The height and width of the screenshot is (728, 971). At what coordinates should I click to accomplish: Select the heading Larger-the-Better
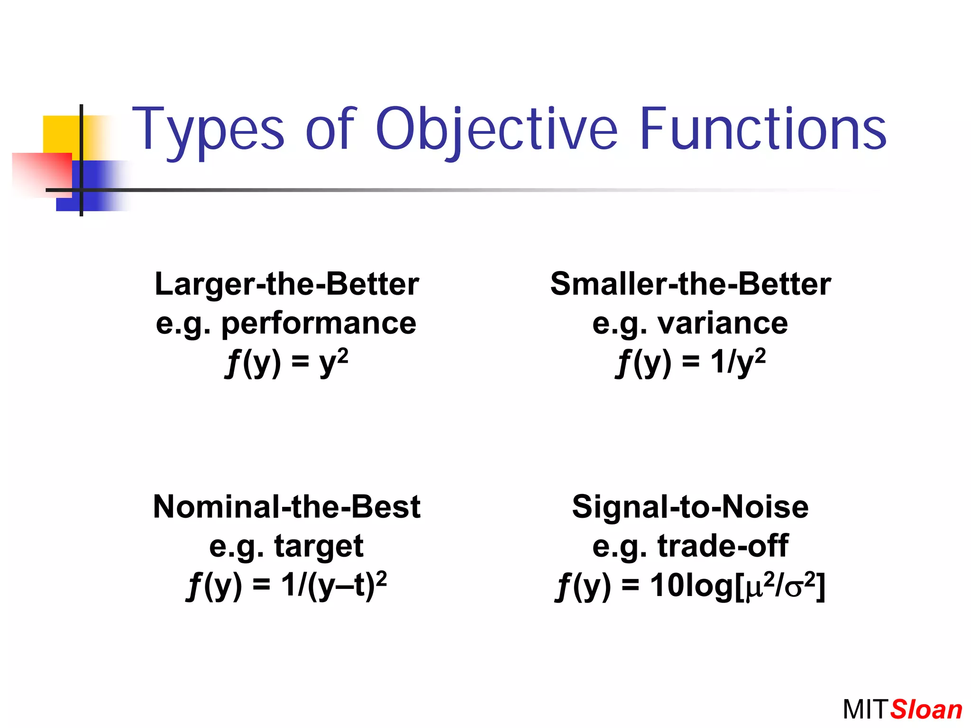coord(286,284)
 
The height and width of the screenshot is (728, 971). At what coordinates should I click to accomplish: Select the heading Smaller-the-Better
coord(690,284)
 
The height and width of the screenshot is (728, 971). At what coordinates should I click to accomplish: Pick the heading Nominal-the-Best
coord(286,507)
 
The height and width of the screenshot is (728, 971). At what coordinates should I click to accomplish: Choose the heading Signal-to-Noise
coord(690,507)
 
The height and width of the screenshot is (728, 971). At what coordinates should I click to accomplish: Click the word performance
coord(319,324)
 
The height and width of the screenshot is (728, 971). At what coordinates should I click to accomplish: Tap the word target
coord(319,546)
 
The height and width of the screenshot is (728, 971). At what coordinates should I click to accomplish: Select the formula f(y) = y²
coord(286,363)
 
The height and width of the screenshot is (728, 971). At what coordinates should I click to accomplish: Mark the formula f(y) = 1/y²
coord(690,363)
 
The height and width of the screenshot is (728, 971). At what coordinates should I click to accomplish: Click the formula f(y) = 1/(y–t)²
coord(286,586)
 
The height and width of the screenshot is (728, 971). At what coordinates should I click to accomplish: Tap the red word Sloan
coord(926,710)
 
